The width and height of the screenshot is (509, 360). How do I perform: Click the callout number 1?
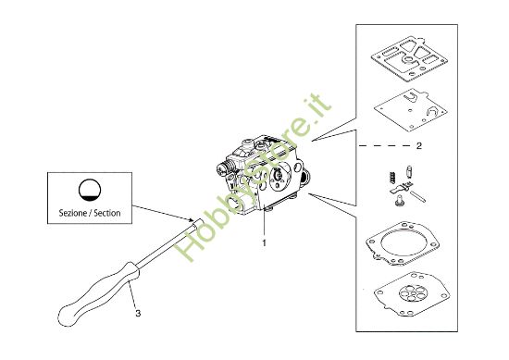[265, 242]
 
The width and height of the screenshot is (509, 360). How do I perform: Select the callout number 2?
[419, 145]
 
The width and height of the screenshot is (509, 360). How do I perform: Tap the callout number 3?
[138, 314]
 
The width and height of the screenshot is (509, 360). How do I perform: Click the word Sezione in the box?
[73, 213]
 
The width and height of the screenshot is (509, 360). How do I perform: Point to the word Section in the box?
[107, 213]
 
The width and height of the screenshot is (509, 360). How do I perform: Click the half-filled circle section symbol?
[90, 190]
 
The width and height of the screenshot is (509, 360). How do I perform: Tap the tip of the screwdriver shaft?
[200, 221]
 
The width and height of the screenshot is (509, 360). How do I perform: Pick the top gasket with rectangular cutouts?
[410, 57]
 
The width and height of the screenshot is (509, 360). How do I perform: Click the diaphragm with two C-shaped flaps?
[410, 110]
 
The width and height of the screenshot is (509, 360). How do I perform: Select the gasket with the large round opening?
[403, 243]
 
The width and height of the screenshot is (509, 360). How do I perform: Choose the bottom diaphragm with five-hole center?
[412, 294]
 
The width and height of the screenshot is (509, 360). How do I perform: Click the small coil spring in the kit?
[392, 178]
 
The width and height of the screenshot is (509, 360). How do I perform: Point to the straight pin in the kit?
[417, 197]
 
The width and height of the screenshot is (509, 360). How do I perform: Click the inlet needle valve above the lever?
[409, 171]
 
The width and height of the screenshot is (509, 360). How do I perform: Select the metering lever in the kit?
[402, 188]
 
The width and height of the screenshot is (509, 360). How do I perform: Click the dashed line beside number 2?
[385, 146]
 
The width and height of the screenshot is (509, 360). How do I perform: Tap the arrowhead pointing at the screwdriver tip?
[192, 219]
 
